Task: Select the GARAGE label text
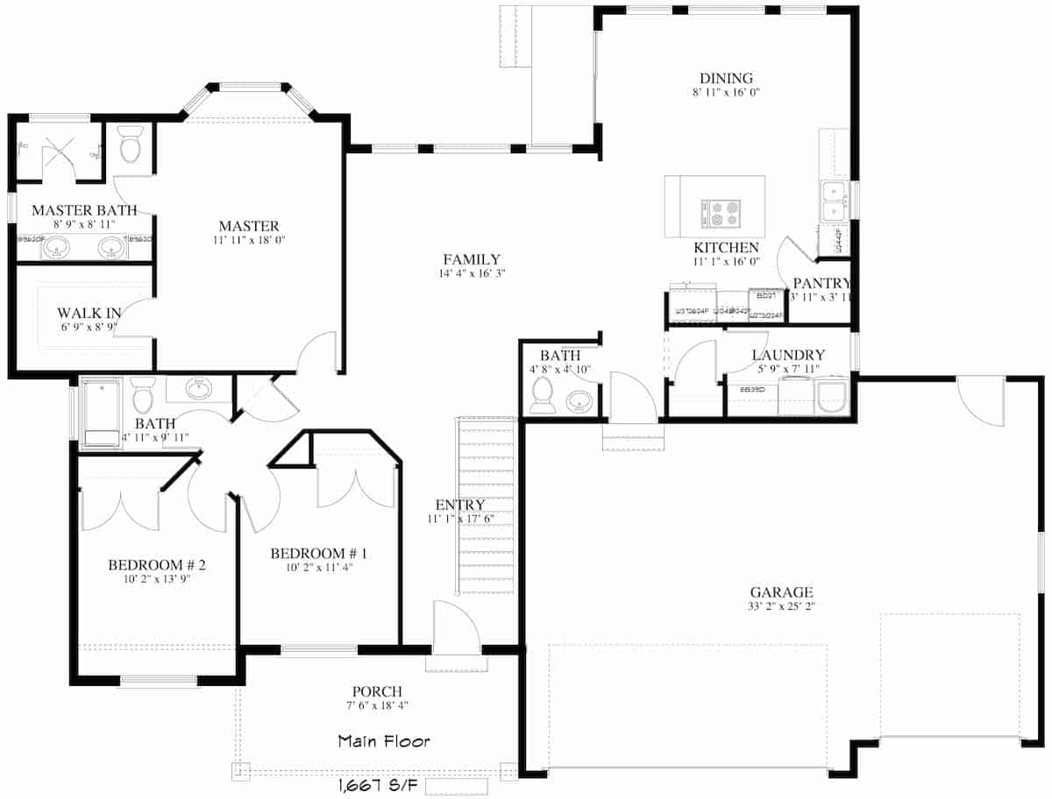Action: point(781,592)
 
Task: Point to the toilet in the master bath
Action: point(131,145)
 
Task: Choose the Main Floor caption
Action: point(384,741)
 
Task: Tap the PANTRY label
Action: point(821,283)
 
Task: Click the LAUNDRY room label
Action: point(788,356)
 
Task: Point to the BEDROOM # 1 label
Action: point(318,554)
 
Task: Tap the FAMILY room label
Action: point(471,259)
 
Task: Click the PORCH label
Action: point(377,691)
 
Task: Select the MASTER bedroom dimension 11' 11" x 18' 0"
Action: point(249,239)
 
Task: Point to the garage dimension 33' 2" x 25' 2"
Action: point(781,606)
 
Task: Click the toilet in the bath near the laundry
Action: point(542,397)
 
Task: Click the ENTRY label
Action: point(459,505)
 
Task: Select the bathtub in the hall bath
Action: point(99,413)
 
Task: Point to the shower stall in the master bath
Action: point(59,152)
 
